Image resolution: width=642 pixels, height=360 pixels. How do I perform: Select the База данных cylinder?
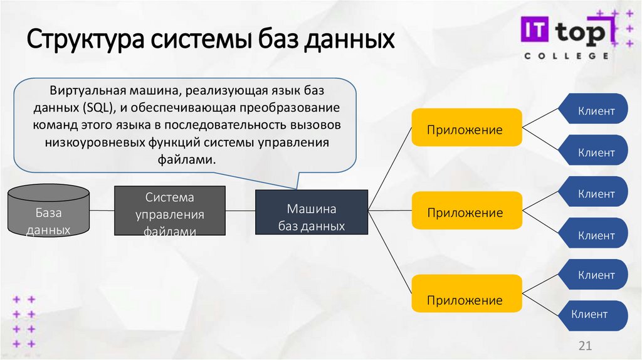[x=48, y=210]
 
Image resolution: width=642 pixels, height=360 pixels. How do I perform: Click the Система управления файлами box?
[x=170, y=211]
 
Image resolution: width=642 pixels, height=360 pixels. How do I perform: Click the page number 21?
[x=584, y=347]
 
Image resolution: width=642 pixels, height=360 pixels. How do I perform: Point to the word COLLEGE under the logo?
[x=566, y=56]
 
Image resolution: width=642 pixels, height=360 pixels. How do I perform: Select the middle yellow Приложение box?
[x=466, y=212]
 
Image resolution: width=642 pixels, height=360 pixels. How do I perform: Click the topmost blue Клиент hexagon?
[x=596, y=112]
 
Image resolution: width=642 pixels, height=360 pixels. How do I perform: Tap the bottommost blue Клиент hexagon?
[x=589, y=314]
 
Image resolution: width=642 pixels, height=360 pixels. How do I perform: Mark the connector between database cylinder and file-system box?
[x=102, y=210]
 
